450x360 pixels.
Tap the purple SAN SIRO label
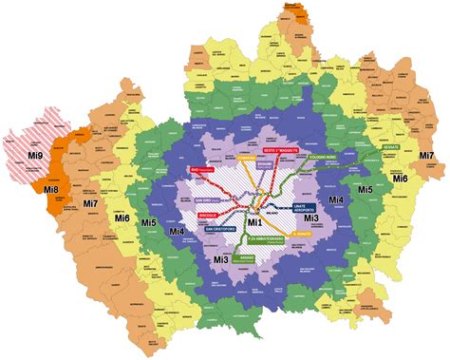coord(205,200)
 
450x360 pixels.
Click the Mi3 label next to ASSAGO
coord(219,259)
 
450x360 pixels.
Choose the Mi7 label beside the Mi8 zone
coord(90,203)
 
